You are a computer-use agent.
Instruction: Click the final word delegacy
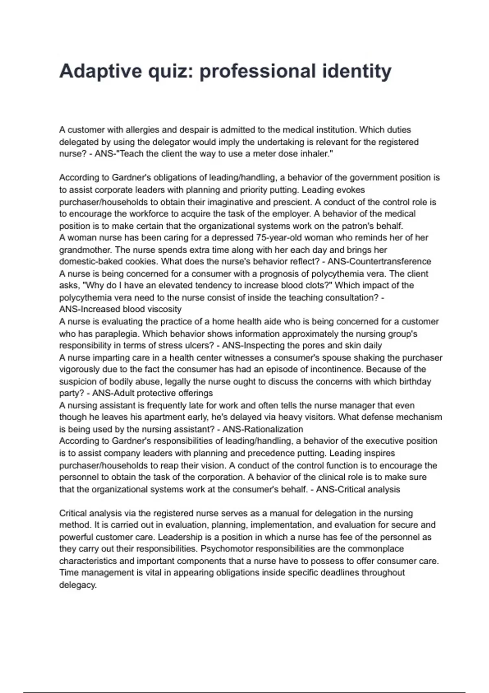click(77, 585)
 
